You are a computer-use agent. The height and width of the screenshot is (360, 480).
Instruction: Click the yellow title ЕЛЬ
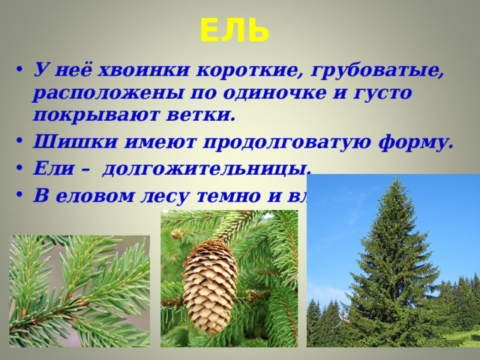pyautogui.click(x=234, y=31)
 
